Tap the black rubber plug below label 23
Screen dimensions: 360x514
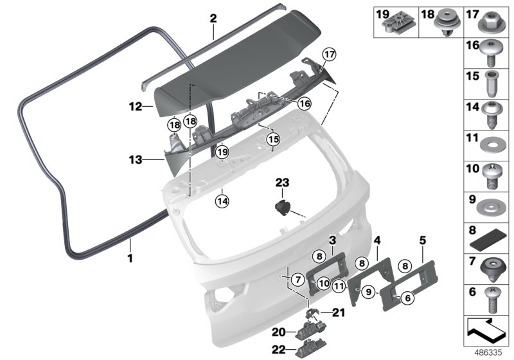(x=282, y=208)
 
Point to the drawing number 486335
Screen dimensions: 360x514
(x=489, y=353)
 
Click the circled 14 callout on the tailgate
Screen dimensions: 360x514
(x=222, y=199)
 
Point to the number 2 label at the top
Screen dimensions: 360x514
(x=213, y=20)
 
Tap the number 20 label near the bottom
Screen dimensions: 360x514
(x=278, y=333)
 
